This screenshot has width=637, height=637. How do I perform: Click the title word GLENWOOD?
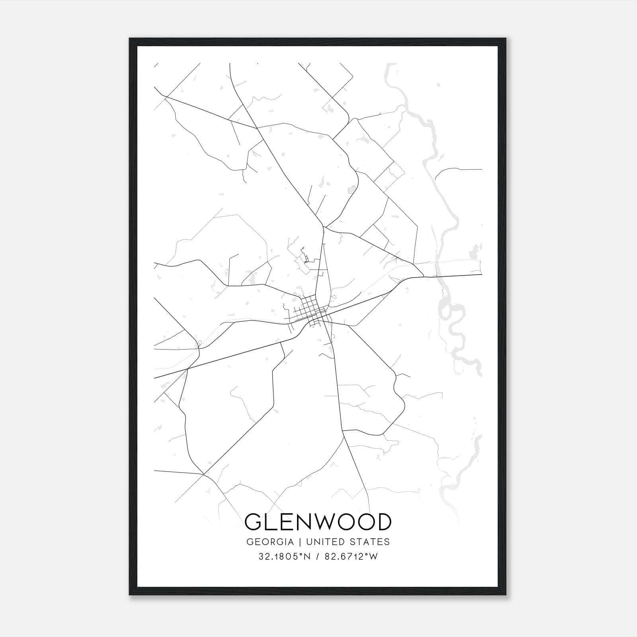(318, 522)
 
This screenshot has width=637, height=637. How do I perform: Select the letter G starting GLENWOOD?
(254, 522)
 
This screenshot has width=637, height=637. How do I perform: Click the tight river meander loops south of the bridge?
(454, 318)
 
